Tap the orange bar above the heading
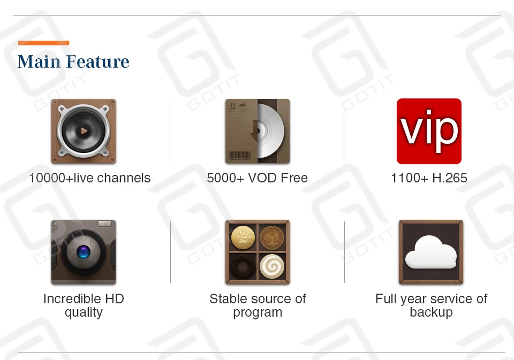[x=43, y=43]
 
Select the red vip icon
[x=429, y=131]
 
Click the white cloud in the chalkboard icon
[x=431, y=252]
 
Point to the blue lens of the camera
[x=83, y=252]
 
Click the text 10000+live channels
[x=90, y=178]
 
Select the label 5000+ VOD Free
[x=258, y=178]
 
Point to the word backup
[x=431, y=312]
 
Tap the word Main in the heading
[x=39, y=62]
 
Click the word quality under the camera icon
[x=84, y=312]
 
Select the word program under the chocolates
[x=258, y=312]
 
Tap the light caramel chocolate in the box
[x=243, y=236]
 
